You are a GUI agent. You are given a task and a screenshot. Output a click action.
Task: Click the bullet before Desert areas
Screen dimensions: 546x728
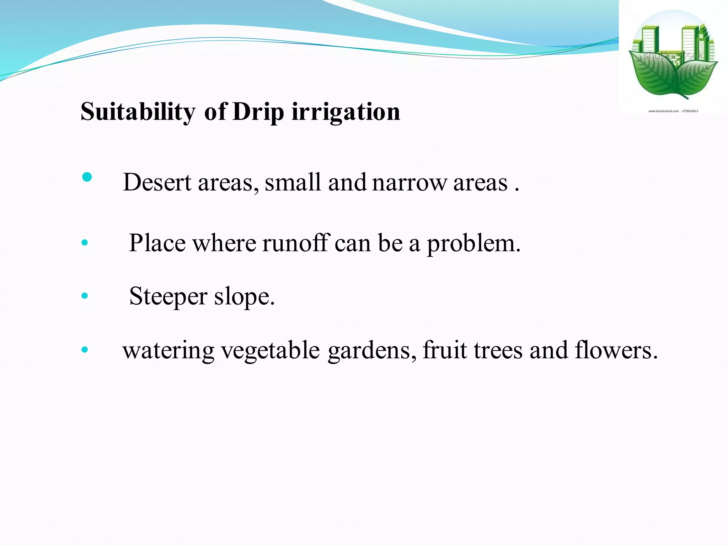(x=87, y=177)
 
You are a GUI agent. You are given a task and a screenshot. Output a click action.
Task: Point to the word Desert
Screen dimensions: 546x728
(x=157, y=182)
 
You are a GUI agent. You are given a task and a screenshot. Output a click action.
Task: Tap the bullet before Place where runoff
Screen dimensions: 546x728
(x=85, y=243)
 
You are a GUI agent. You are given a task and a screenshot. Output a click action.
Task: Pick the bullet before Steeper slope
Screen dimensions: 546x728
(x=85, y=295)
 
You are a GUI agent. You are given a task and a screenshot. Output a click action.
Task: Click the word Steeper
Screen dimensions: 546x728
(x=168, y=297)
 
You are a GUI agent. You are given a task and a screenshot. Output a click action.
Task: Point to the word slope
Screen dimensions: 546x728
(x=244, y=297)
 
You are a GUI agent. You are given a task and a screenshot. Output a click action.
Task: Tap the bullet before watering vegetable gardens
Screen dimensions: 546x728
(x=85, y=350)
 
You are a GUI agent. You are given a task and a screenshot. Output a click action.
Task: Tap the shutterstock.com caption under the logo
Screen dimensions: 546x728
(x=673, y=111)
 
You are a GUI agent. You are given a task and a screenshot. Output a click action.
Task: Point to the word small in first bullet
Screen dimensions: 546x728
(x=293, y=182)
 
